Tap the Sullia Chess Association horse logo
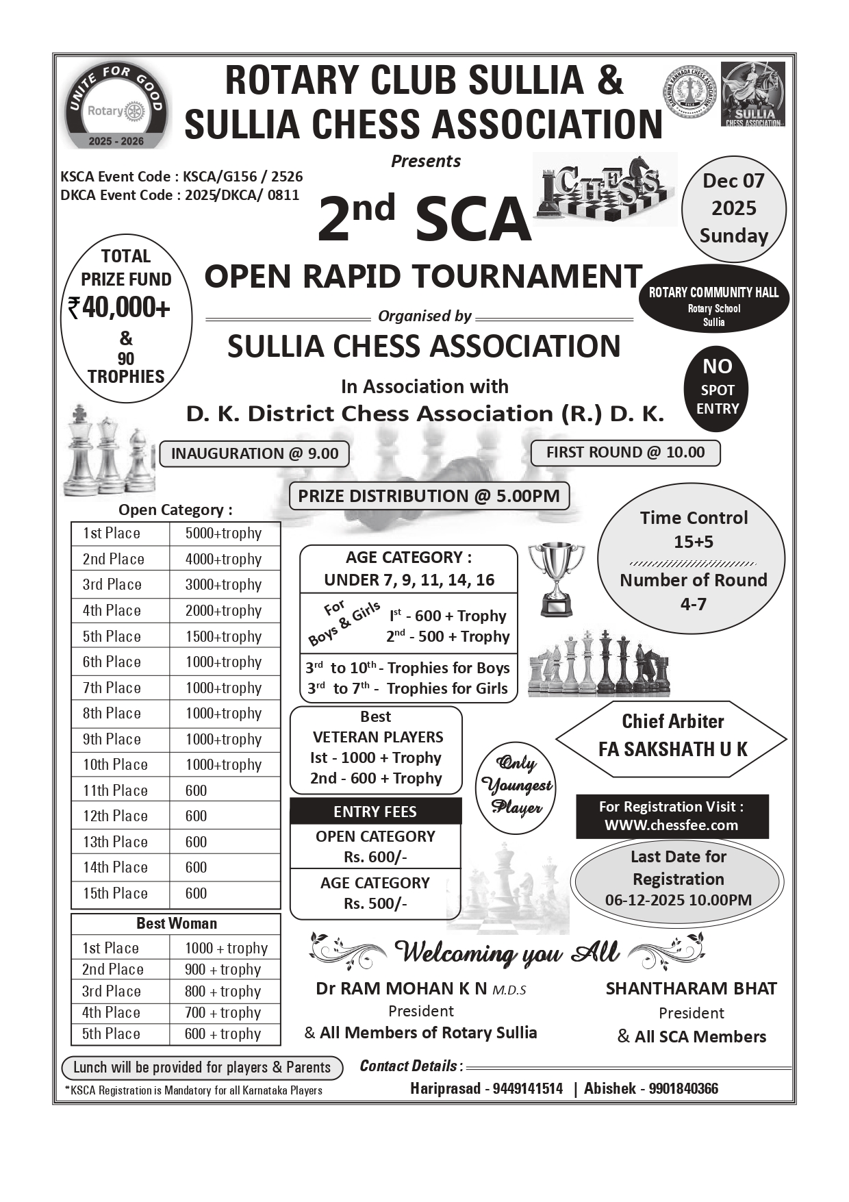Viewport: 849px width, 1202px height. point(753,94)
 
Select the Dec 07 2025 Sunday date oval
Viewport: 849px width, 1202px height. point(733,208)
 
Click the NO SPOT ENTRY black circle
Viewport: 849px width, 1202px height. point(717,389)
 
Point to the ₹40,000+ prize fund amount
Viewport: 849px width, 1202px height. point(119,308)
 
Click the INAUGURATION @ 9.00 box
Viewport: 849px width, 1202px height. point(255,453)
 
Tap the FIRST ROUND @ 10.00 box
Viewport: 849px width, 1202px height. point(625,452)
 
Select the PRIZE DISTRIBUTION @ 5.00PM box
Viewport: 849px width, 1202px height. point(429,496)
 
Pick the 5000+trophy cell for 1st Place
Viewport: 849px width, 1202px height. point(224,534)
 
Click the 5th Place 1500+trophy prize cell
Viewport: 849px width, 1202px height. point(224,636)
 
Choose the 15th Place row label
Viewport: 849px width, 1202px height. point(116,893)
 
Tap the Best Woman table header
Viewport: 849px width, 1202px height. point(176,923)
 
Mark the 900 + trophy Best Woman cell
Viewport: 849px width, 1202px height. point(223,970)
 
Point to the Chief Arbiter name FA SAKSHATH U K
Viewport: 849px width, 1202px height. point(672,749)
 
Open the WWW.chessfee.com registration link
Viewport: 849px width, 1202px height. point(672,825)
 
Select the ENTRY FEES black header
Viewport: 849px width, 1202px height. point(375,812)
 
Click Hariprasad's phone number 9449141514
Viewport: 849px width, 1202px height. point(528,1088)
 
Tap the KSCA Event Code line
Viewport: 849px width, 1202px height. point(181,177)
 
